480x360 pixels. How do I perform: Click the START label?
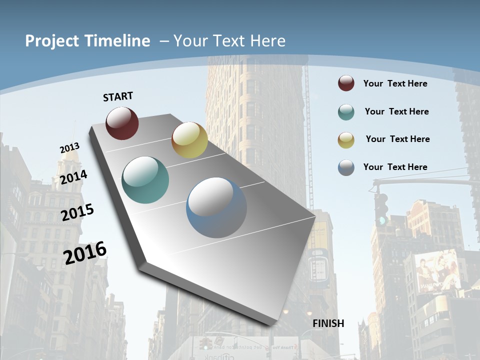coord(118,96)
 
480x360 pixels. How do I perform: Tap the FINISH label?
coord(328,323)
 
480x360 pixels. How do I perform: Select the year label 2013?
coord(69,148)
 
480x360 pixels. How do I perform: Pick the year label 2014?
coord(73,177)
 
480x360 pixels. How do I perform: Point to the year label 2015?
coord(77,212)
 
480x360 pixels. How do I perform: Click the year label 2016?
coord(85,252)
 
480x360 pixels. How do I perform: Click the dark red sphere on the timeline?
coord(122,123)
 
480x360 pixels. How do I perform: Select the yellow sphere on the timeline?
coord(189,140)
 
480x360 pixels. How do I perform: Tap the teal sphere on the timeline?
coord(145,180)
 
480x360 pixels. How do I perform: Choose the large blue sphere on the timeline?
coord(216,207)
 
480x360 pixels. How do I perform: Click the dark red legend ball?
coord(346,83)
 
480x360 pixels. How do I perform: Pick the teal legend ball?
coord(346,112)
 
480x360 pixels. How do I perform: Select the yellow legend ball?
coord(346,139)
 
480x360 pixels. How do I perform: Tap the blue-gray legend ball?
coord(346,167)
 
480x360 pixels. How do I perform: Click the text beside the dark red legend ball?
coord(395,83)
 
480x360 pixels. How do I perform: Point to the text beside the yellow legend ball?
coord(397,139)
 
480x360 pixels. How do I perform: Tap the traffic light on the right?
coord(381,208)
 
